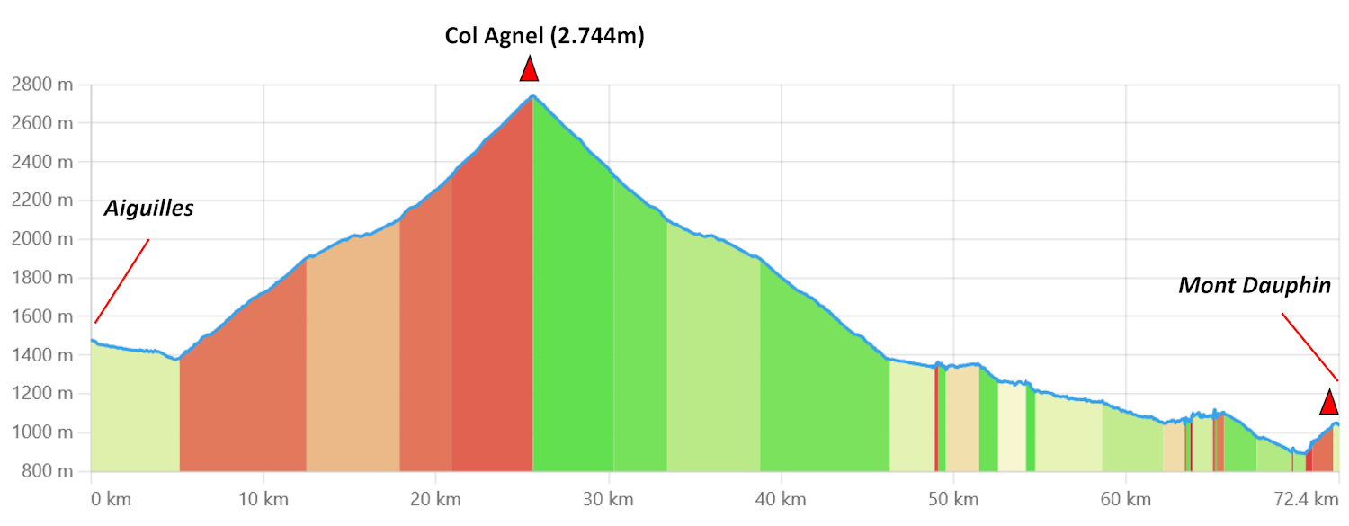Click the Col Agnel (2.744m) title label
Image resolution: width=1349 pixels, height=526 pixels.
[545, 37]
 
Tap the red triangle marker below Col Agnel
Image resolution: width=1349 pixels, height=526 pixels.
[530, 69]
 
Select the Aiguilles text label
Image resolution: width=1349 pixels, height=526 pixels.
[149, 209]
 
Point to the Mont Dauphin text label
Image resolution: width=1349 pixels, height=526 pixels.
[1255, 286]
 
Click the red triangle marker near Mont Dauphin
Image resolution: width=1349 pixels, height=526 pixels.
[1328, 402]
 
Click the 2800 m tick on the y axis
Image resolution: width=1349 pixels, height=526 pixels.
[42, 85]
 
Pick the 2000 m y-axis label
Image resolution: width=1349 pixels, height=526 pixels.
[42, 239]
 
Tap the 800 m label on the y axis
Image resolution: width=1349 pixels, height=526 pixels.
[46, 471]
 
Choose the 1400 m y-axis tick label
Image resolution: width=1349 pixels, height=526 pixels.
[42, 355]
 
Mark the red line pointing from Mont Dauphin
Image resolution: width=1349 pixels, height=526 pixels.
[1309, 346]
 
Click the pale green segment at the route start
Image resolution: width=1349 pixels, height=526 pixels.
[135, 414]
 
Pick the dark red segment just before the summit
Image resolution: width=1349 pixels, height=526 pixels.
[492, 315]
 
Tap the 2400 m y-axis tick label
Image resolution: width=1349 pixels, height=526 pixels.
[42, 162]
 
